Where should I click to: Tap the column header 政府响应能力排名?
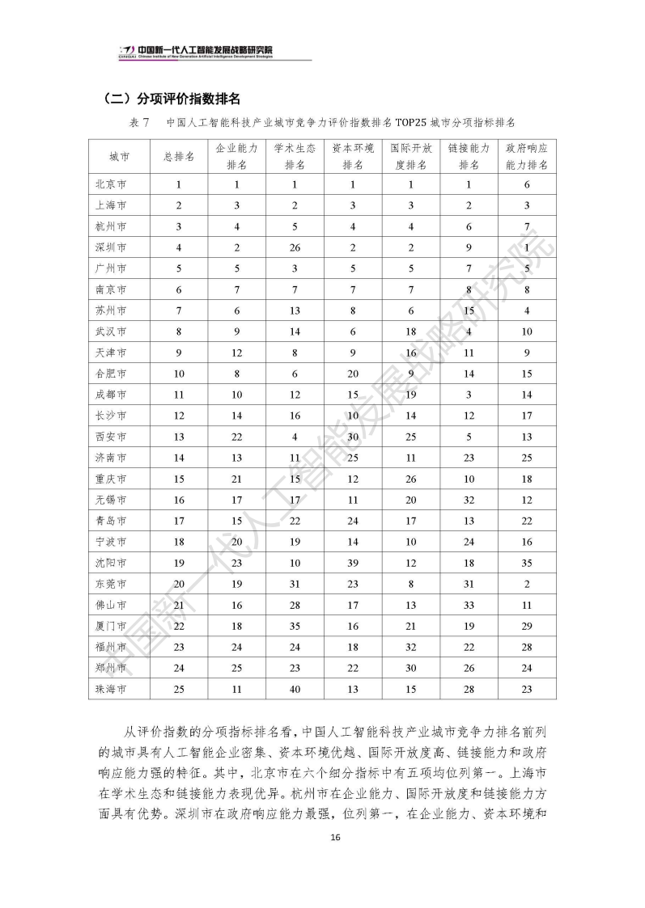click(527, 157)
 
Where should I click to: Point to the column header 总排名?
click(179, 157)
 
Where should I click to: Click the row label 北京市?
click(111, 184)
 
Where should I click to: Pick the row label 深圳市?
click(111, 247)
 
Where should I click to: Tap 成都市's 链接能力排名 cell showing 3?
click(469, 394)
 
